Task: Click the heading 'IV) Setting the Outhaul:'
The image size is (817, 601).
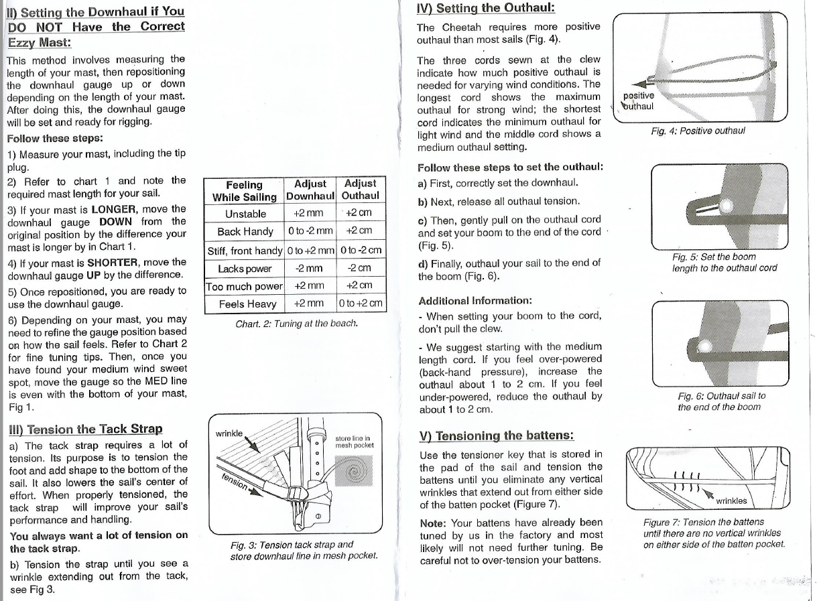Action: click(x=485, y=8)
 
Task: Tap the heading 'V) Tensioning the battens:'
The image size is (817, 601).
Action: click(x=497, y=436)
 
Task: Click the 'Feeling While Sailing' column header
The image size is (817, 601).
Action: click(x=244, y=190)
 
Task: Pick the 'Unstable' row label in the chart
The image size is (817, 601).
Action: click(x=245, y=214)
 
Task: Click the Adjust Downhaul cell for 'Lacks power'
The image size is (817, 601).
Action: click(x=309, y=268)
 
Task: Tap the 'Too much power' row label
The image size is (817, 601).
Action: click(x=244, y=286)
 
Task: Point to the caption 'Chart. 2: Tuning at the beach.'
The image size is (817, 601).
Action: click(x=296, y=324)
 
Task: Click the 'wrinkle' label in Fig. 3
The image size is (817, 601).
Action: click(x=230, y=433)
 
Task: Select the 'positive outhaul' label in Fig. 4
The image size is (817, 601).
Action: click(x=638, y=101)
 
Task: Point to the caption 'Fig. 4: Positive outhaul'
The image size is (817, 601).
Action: click(x=697, y=131)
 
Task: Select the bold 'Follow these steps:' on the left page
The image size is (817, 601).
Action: click(x=54, y=139)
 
